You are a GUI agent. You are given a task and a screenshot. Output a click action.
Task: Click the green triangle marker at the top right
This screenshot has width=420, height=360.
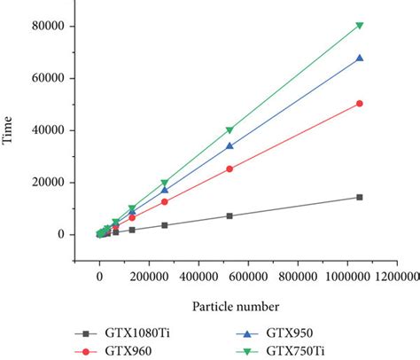click(x=359, y=26)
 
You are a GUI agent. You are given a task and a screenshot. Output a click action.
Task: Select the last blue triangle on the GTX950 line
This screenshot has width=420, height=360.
click(x=359, y=59)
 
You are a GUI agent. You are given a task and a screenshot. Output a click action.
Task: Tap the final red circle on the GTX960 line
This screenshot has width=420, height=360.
click(x=359, y=104)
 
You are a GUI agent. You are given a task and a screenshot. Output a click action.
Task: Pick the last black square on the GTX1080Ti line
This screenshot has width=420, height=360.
click(x=359, y=197)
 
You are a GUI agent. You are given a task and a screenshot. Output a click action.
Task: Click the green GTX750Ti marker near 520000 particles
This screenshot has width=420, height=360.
click(x=229, y=130)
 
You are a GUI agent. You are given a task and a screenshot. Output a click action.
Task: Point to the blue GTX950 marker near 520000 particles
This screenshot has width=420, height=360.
click(x=229, y=146)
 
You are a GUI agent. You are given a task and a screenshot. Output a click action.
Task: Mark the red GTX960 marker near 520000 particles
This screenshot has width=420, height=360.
click(x=229, y=168)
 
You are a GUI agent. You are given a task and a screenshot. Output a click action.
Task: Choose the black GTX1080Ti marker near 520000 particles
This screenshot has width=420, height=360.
click(x=229, y=215)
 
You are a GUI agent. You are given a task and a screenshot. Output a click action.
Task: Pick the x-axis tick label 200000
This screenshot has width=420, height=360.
click(x=149, y=278)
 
